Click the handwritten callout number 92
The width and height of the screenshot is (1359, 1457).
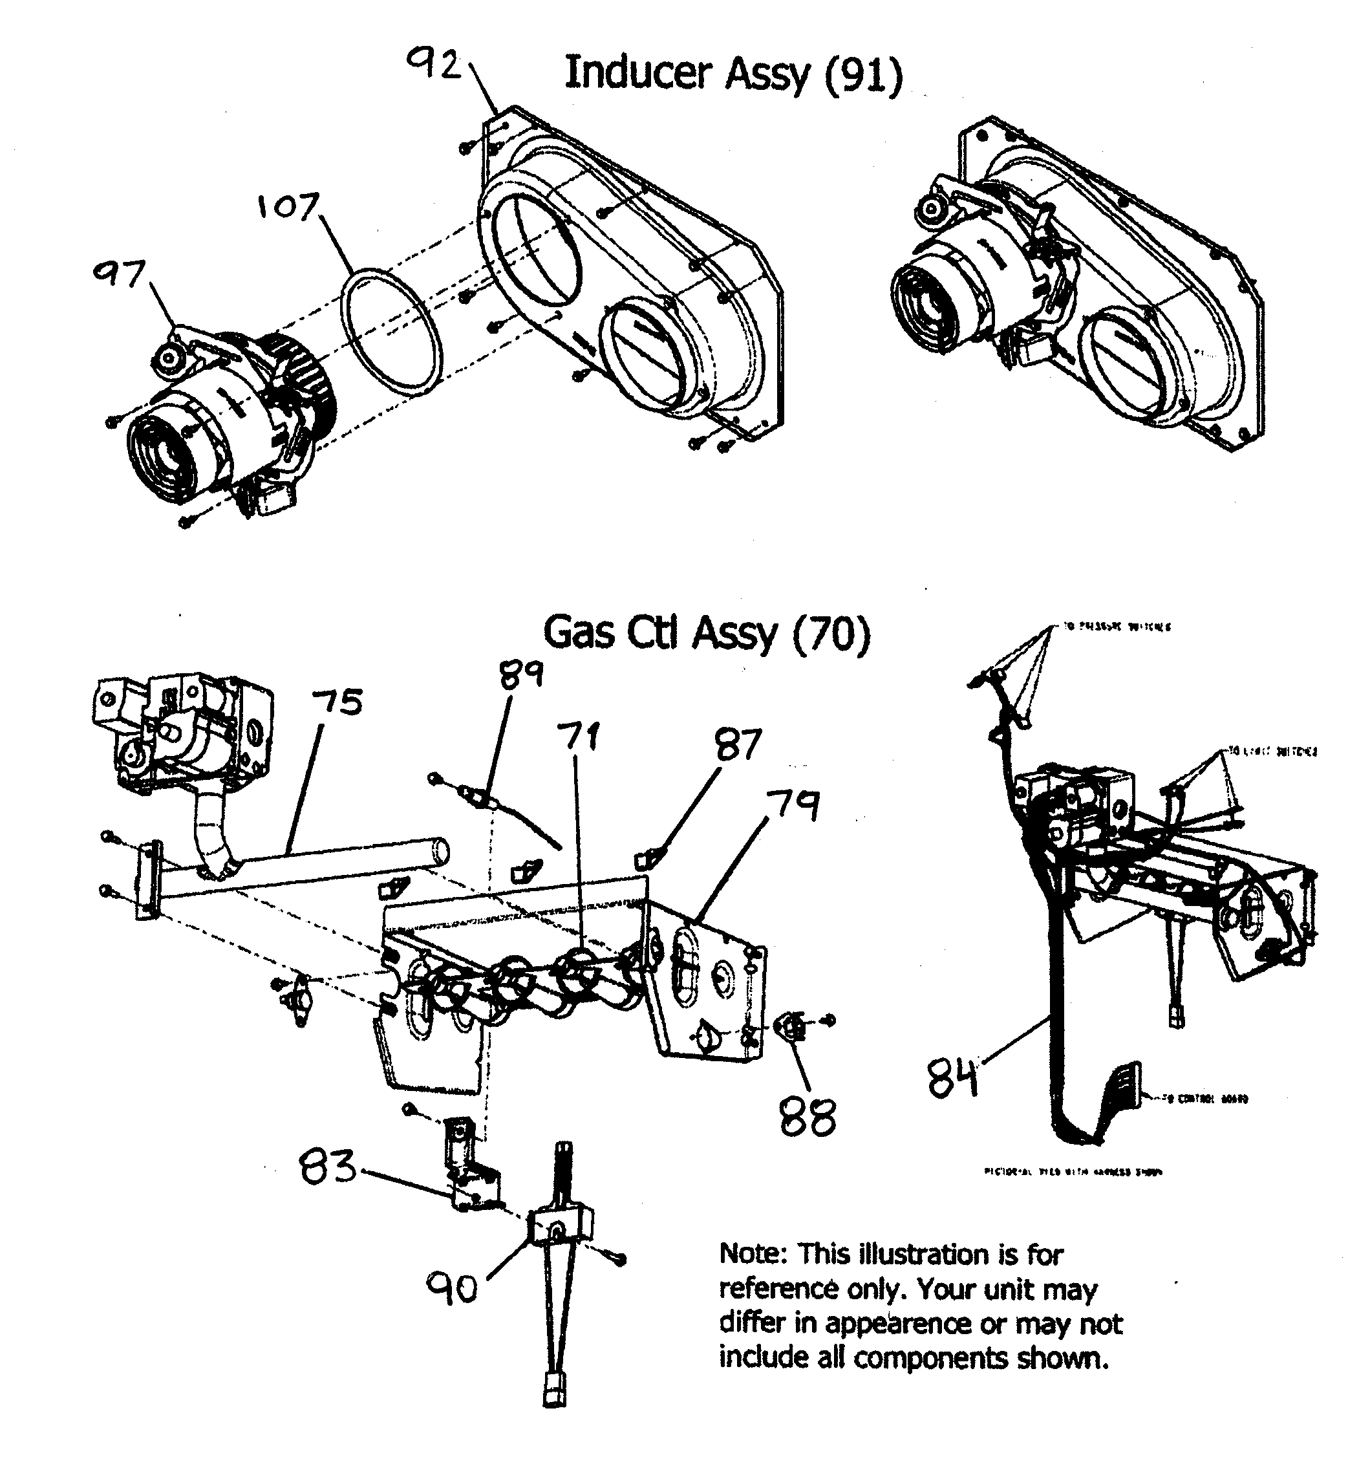point(434,66)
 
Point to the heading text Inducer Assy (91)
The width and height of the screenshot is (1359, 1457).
point(733,73)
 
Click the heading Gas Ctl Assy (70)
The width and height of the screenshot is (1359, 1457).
point(707,632)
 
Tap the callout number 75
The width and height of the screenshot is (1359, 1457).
point(337,702)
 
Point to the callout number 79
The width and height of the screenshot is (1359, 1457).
point(793,804)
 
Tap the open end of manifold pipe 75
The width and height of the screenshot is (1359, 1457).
point(439,851)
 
